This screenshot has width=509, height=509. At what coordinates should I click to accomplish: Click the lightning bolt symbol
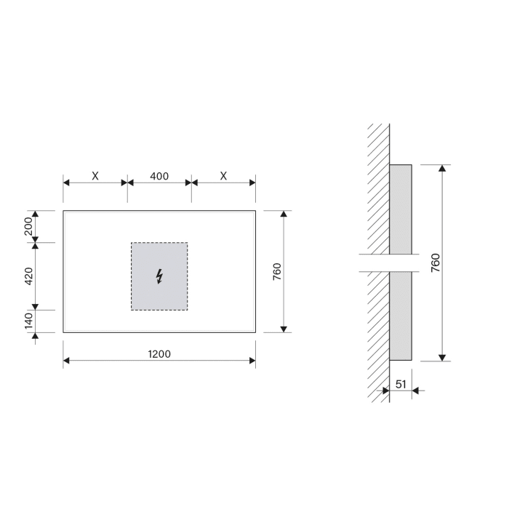(x=159, y=276)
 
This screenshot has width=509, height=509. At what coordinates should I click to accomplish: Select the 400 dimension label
(x=159, y=176)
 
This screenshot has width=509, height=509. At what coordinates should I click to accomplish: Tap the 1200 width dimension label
(x=159, y=354)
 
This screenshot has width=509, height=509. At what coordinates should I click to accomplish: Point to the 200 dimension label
(x=29, y=226)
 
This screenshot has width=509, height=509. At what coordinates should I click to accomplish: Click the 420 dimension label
(x=29, y=276)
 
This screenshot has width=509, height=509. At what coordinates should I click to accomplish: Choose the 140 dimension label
(x=29, y=321)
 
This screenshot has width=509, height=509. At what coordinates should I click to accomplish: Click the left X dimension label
(x=95, y=176)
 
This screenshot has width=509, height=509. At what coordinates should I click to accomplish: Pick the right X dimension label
(x=223, y=176)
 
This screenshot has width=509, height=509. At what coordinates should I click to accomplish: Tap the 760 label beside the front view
(x=277, y=272)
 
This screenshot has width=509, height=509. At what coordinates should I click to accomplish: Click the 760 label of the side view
(x=435, y=262)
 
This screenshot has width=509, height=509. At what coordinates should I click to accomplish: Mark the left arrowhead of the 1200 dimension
(x=67, y=361)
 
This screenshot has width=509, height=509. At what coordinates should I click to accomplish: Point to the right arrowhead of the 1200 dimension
(x=252, y=361)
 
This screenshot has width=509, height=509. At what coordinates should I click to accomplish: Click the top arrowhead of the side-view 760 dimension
(x=441, y=169)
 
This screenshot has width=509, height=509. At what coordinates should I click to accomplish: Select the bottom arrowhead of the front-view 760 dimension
(x=283, y=328)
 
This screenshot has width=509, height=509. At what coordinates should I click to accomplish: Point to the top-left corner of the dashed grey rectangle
(x=132, y=243)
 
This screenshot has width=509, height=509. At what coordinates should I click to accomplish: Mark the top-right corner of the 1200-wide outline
(x=255, y=211)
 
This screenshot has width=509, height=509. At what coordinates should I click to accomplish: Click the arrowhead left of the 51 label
(x=385, y=390)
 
